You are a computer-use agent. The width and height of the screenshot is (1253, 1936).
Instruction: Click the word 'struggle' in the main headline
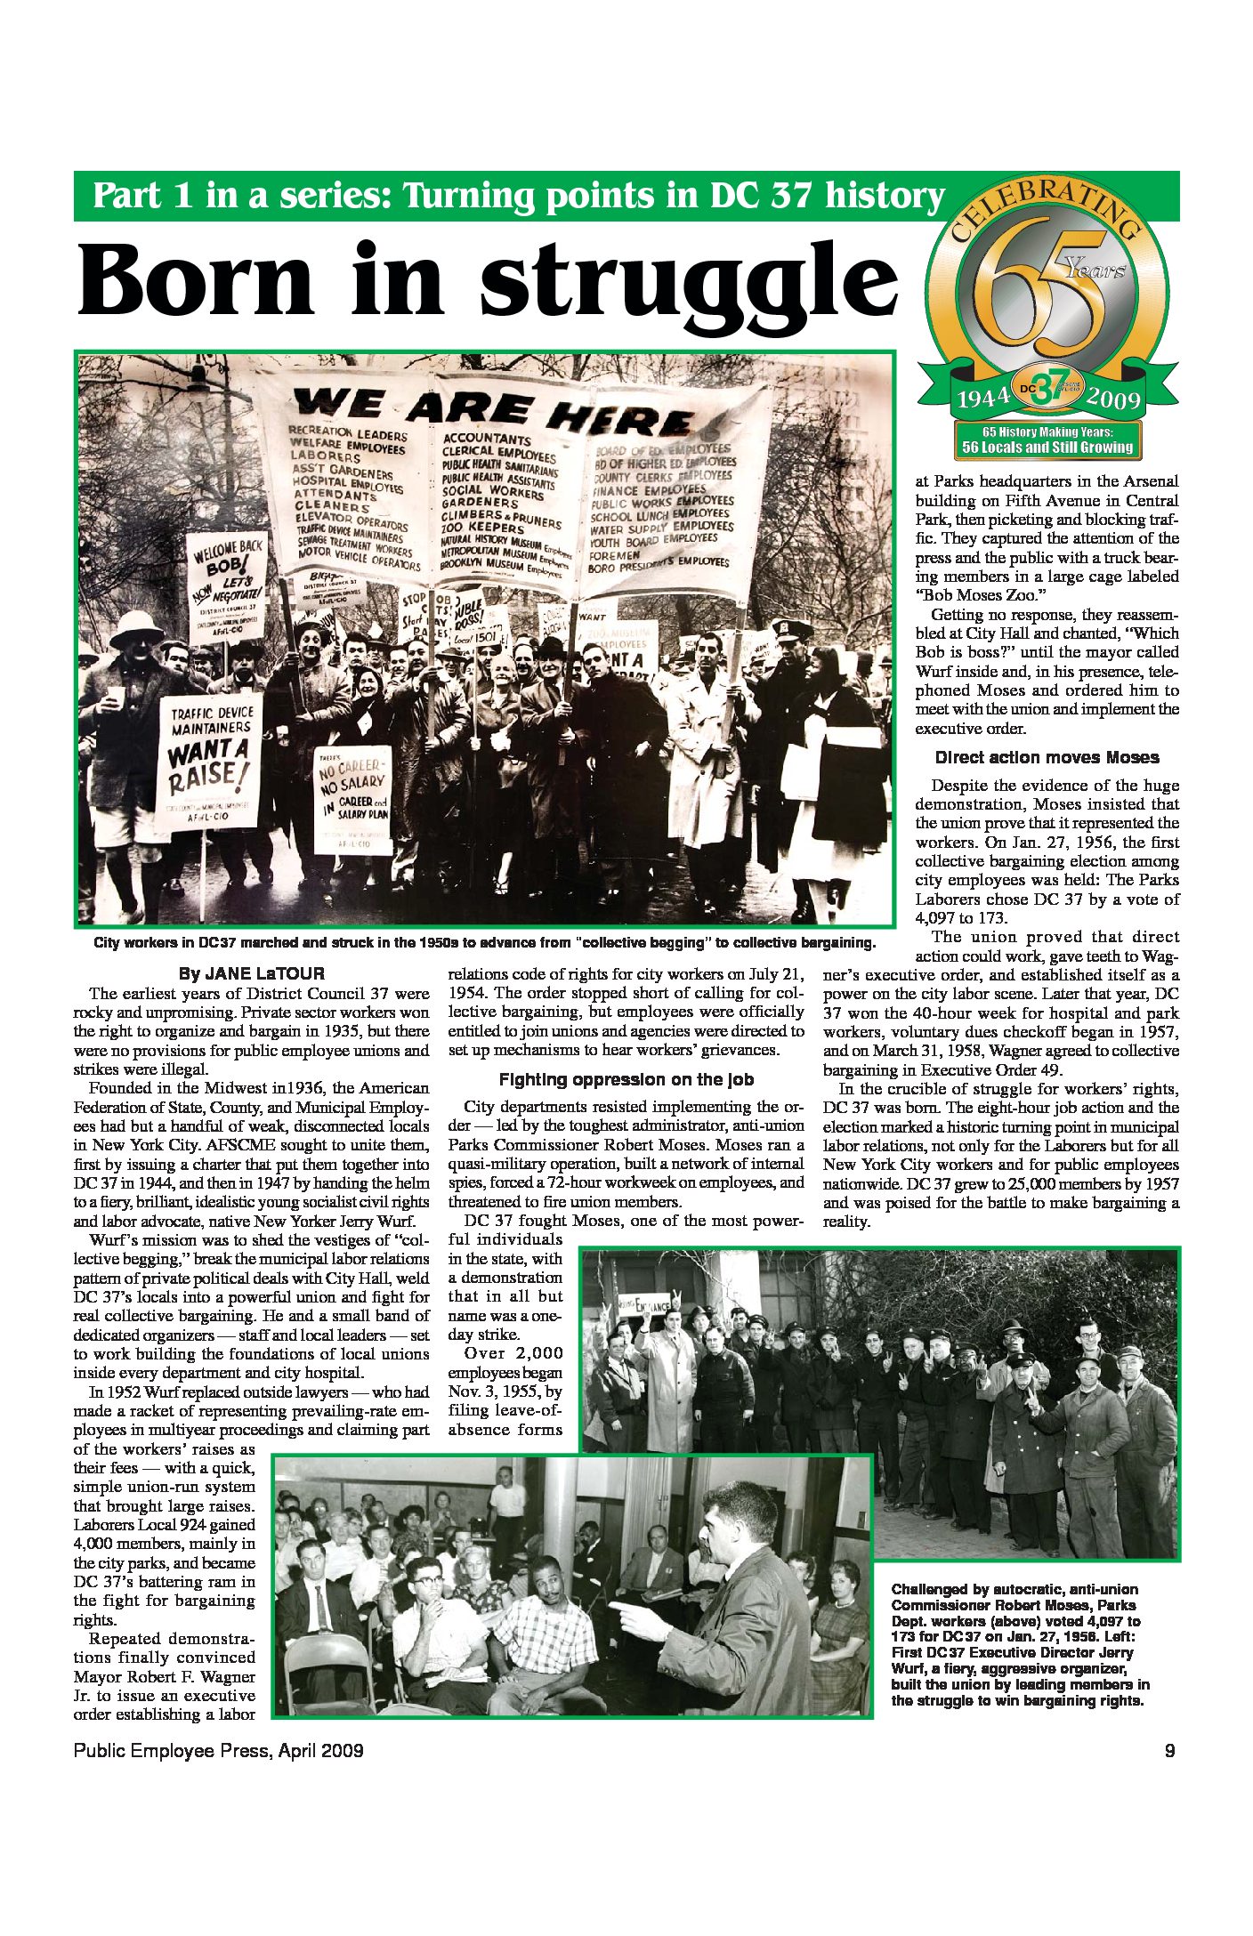(x=687, y=280)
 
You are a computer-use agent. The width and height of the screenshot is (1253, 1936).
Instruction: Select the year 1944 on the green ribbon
(x=982, y=397)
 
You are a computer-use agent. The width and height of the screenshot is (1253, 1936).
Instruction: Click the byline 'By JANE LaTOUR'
(x=252, y=973)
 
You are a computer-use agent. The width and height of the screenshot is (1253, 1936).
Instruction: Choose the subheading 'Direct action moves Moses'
(x=1047, y=758)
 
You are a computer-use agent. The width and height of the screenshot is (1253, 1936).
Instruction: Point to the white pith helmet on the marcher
(x=135, y=627)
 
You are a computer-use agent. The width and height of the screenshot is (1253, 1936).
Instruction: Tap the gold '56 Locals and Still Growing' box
(x=1047, y=440)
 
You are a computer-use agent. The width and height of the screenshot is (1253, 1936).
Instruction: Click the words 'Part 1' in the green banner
(x=142, y=196)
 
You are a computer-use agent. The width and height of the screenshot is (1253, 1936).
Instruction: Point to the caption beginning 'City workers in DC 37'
(x=485, y=942)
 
